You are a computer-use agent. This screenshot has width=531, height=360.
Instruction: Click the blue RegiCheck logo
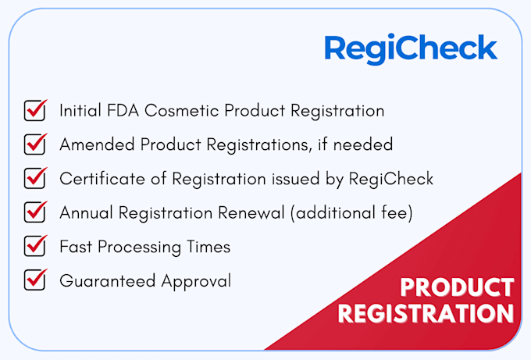click(411, 48)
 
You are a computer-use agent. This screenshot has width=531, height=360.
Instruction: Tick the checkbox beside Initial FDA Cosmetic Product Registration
click(35, 110)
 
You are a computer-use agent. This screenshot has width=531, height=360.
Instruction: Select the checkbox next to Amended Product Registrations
click(35, 144)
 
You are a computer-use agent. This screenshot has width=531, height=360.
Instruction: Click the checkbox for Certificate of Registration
click(35, 178)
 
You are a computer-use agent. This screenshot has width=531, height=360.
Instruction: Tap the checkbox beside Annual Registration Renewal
click(35, 212)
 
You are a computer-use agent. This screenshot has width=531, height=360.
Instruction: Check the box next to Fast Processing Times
click(35, 246)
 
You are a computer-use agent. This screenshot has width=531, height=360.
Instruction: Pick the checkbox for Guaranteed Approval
click(35, 280)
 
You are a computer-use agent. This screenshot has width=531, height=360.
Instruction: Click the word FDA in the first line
click(123, 111)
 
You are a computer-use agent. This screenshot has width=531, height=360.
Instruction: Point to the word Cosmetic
click(181, 111)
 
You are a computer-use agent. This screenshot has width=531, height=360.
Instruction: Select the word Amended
click(97, 144)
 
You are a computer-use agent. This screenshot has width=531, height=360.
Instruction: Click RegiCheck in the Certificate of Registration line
click(391, 179)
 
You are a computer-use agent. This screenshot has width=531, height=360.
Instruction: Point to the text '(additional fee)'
click(351, 213)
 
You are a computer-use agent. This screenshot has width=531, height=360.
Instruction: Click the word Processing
click(140, 248)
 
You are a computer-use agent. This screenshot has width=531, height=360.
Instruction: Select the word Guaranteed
click(107, 281)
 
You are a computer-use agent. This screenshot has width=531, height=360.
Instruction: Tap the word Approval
click(196, 281)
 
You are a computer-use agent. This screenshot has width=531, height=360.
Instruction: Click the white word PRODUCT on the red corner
click(457, 287)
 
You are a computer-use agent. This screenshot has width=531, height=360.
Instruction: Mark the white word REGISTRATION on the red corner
click(426, 314)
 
